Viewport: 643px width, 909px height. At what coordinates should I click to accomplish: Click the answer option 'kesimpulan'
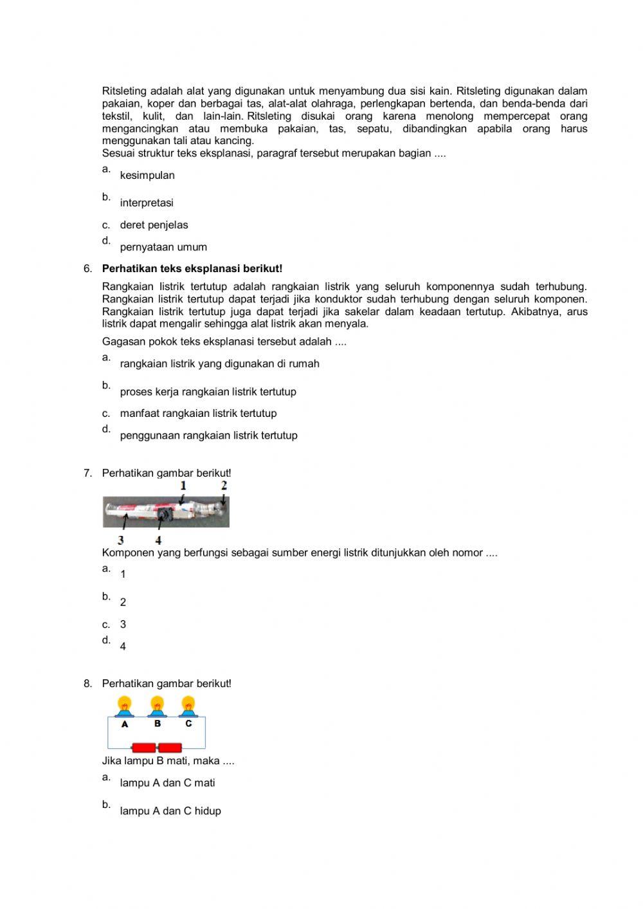coord(147,175)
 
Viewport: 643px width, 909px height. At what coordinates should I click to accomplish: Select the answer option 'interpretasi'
coord(146,203)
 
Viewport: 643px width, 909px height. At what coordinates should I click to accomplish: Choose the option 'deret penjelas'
coord(154,225)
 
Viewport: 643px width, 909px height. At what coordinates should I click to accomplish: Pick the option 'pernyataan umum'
coord(163,247)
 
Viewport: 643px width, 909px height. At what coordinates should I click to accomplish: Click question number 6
coord(87,269)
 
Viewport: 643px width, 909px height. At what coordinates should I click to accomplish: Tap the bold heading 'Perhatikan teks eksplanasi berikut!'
coord(192,269)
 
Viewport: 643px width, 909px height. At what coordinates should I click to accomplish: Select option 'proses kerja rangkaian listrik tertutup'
coord(208,392)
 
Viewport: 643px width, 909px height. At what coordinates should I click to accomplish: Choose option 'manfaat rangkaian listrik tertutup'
coord(198,414)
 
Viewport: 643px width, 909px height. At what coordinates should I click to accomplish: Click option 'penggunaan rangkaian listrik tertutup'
coord(208,436)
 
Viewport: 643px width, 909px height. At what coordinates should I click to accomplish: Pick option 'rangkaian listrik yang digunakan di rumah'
coord(219,363)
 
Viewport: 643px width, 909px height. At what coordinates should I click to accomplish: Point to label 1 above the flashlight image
coord(183,486)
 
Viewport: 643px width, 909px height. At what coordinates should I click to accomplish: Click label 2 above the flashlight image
coord(224,486)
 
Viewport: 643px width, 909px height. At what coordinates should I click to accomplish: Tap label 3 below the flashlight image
coord(121,540)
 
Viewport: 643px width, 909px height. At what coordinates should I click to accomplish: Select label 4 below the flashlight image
coord(158,540)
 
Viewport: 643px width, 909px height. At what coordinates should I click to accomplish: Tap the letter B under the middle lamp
coord(157,724)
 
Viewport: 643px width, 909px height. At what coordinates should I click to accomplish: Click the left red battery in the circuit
coord(144,748)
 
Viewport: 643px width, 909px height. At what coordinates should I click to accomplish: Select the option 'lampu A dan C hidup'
coord(170,811)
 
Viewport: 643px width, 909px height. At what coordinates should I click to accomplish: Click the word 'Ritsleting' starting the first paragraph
coord(124,91)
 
